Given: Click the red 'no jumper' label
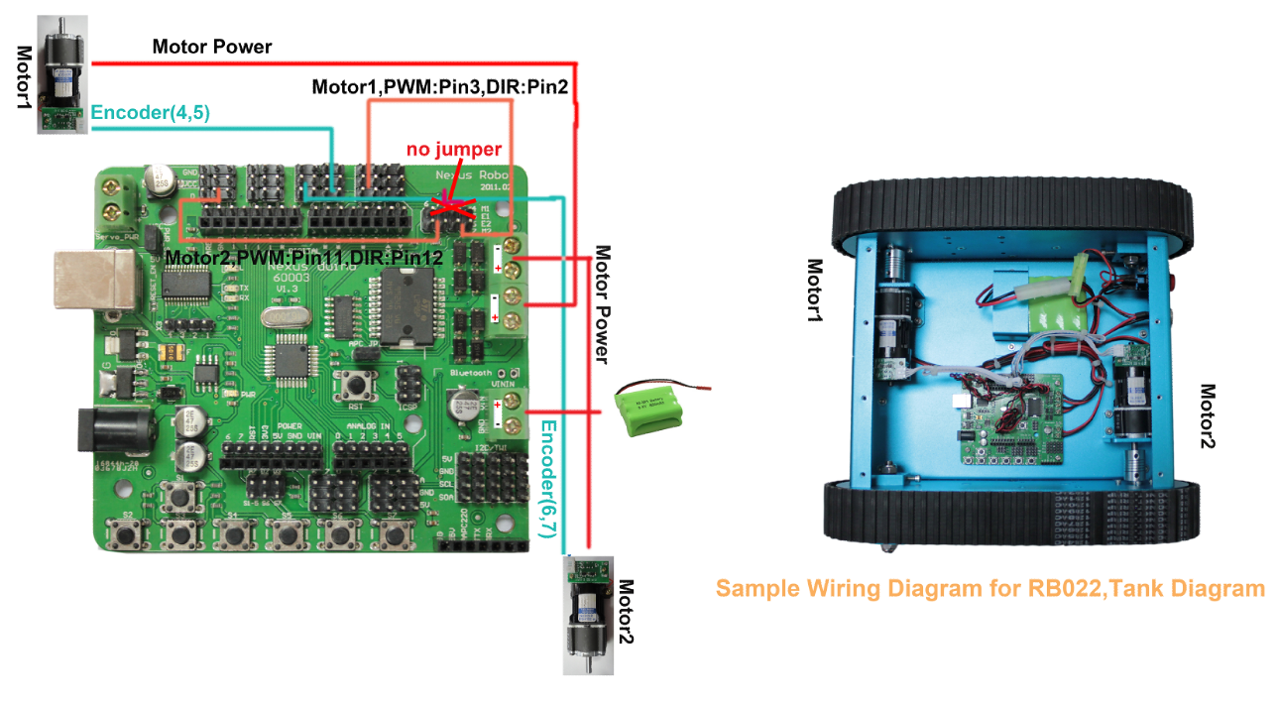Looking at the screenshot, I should click(454, 150).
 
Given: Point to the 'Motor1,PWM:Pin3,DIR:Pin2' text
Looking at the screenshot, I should click(439, 87).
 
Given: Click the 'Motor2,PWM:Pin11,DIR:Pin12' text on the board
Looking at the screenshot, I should click(302, 258).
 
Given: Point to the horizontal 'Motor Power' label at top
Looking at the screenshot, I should click(212, 47).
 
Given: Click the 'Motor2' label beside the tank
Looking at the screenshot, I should click(1208, 416).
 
